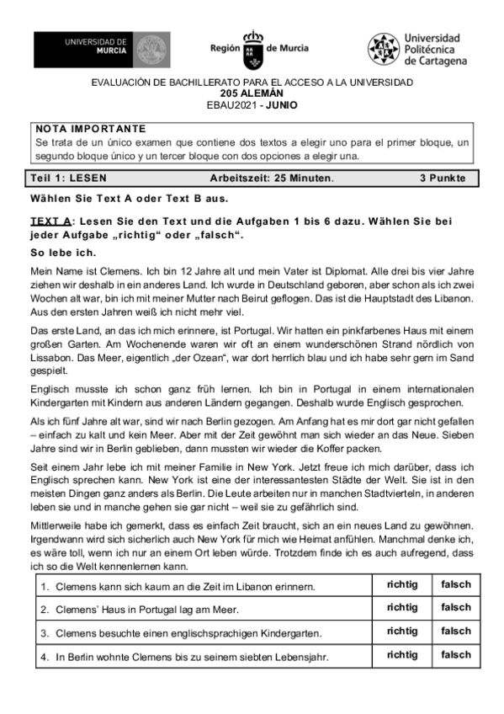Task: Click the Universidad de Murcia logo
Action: click(x=101, y=51)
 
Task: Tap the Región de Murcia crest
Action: click(x=252, y=50)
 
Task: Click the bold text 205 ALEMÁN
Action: click(x=252, y=93)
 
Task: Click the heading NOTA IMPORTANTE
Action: click(x=91, y=129)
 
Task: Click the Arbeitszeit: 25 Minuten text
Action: click(x=272, y=178)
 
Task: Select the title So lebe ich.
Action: click(x=63, y=253)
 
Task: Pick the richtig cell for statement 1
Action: click(x=401, y=584)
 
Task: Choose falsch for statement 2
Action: click(x=456, y=607)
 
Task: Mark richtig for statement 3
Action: click(x=401, y=631)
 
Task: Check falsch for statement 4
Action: click(x=456, y=654)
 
